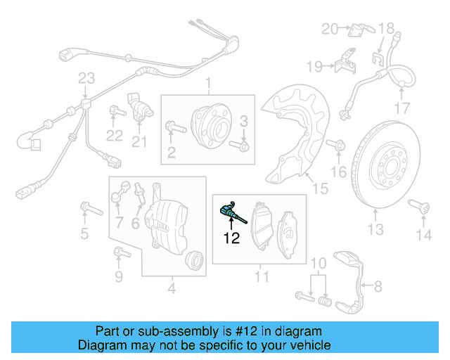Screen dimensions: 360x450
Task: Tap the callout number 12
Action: pyautogui.click(x=232, y=239)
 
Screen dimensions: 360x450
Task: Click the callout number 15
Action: pyautogui.click(x=320, y=188)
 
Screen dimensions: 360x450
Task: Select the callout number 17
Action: pyautogui.click(x=401, y=108)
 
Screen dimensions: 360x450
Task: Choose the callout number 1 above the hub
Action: pyautogui.click(x=208, y=86)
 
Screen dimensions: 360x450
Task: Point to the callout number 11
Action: pyautogui.click(x=261, y=278)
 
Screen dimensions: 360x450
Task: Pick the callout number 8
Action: pyautogui.click(x=377, y=285)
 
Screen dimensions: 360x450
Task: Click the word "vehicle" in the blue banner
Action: pyautogui.click(x=310, y=345)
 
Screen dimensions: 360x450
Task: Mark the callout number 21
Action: pyautogui.click(x=139, y=143)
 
